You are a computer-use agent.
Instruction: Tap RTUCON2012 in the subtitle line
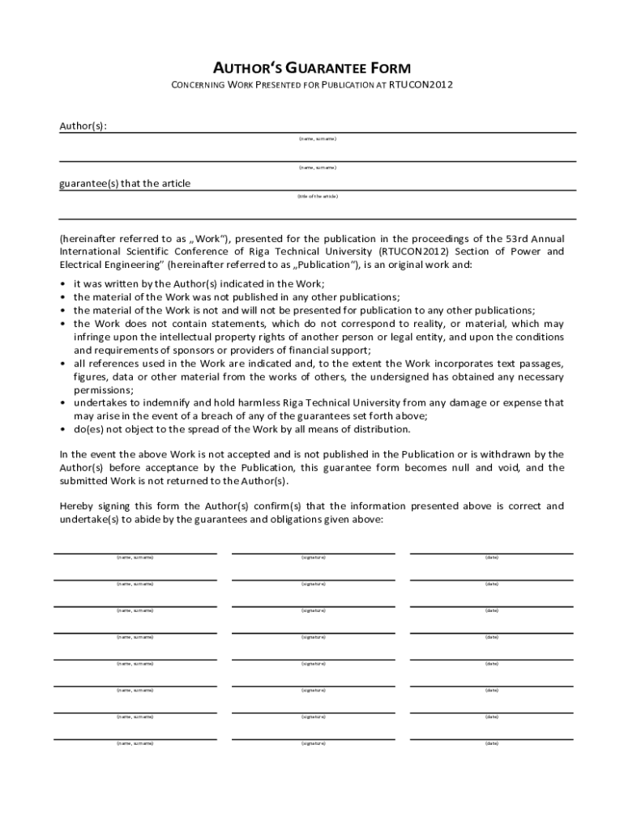click(421, 85)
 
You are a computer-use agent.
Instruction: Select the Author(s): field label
click(83, 125)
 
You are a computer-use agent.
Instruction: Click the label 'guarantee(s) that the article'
click(125, 184)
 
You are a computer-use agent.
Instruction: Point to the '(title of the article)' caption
click(317, 196)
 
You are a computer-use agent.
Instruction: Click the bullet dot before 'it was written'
click(63, 284)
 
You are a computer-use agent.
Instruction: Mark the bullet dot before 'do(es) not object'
click(63, 429)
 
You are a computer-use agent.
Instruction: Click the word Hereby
click(77, 506)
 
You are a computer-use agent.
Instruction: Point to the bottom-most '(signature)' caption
click(314, 743)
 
